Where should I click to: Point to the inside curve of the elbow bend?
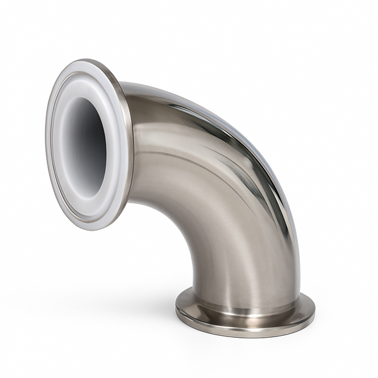pos(180,220)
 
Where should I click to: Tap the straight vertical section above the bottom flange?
pos(246,265)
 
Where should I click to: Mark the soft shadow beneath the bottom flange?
pos(246,343)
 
